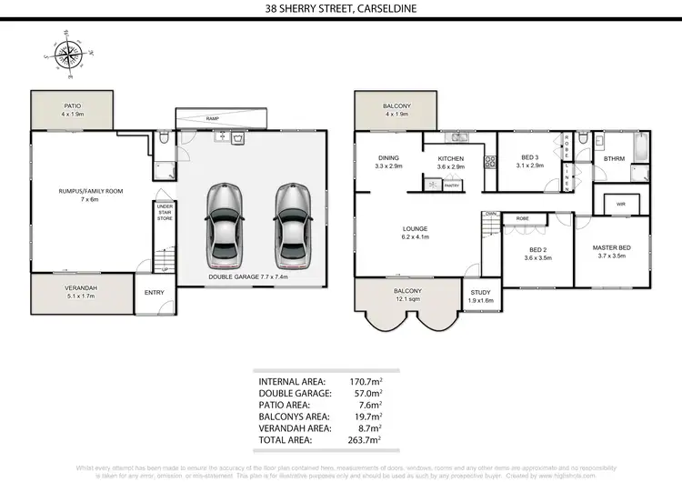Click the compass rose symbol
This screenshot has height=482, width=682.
(68, 56)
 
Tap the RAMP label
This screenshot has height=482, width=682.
(212, 118)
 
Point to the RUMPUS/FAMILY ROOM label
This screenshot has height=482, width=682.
(89, 191)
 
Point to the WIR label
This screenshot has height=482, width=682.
(621, 205)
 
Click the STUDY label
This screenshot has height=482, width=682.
(479, 293)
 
